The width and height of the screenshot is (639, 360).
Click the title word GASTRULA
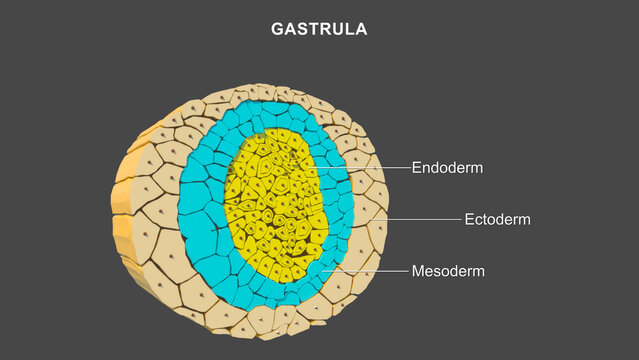[x=319, y=29]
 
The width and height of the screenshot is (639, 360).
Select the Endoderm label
[x=447, y=168]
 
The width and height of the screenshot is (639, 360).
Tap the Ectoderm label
[x=497, y=219]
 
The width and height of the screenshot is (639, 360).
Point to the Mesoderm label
[x=447, y=271]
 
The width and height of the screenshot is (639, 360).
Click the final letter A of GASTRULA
[x=361, y=29]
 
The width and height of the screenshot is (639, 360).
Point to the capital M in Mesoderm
[x=418, y=271]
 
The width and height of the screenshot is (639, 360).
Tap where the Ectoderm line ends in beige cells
[x=372, y=219]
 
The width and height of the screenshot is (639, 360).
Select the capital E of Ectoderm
[x=469, y=219]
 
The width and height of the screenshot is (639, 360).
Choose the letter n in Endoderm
[x=427, y=168]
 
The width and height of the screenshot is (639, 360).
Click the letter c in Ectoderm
[x=478, y=219]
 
